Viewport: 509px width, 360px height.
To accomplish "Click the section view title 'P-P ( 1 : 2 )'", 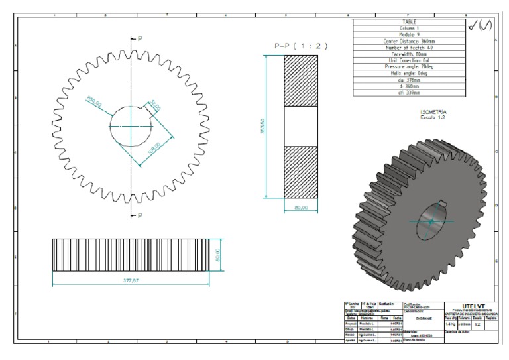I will coord(302,46).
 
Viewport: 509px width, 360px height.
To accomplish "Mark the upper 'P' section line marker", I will coord(139,39).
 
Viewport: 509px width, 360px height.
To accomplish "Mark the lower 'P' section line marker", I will coord(139,216).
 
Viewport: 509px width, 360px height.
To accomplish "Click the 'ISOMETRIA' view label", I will coord(433,113).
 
